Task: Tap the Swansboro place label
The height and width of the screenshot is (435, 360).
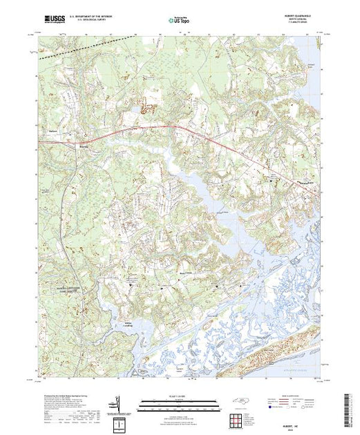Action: coord(308,181)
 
